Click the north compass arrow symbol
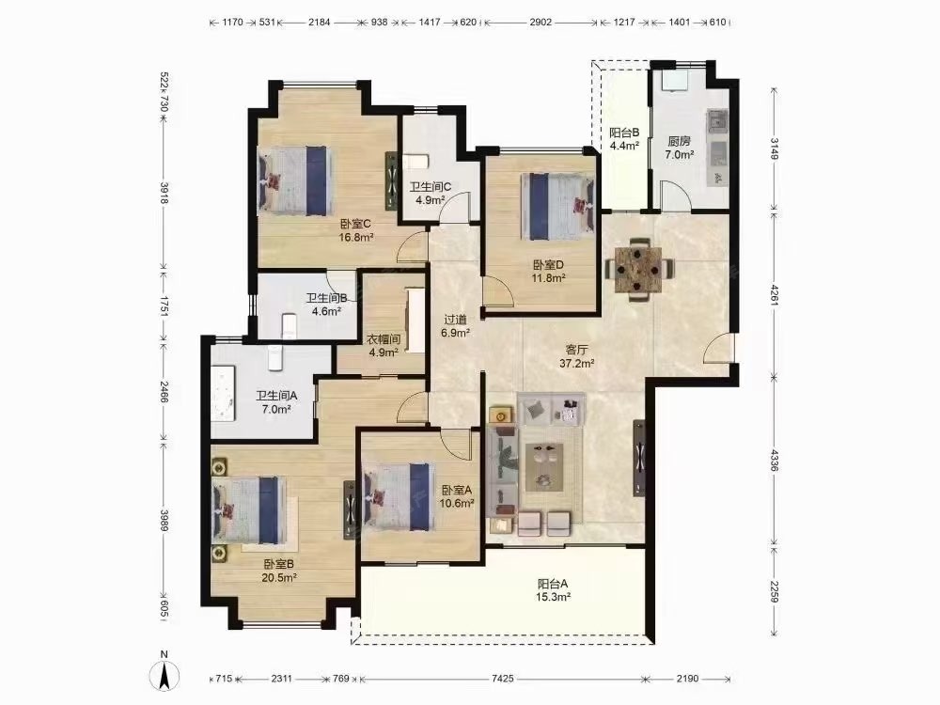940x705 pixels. point(164,673)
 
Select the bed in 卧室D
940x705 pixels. point(557,206)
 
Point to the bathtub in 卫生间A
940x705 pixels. point(224,395)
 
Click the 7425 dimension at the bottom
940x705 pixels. point(502,679)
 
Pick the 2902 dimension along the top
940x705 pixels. point(540,23)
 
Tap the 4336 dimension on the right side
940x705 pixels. point(774,460)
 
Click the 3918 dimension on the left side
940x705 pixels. point(164,193)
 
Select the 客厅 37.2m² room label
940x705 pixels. point(577,355)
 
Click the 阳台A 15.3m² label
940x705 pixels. point(554,590)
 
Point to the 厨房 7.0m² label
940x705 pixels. point(680,148)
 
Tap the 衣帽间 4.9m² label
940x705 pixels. point(384,346)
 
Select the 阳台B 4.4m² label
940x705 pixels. point(624,138)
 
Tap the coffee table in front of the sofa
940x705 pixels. point(544,467)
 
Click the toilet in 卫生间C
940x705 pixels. point(415,163)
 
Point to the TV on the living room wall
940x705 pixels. point(640,458)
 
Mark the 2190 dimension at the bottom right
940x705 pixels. point(688,679)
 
